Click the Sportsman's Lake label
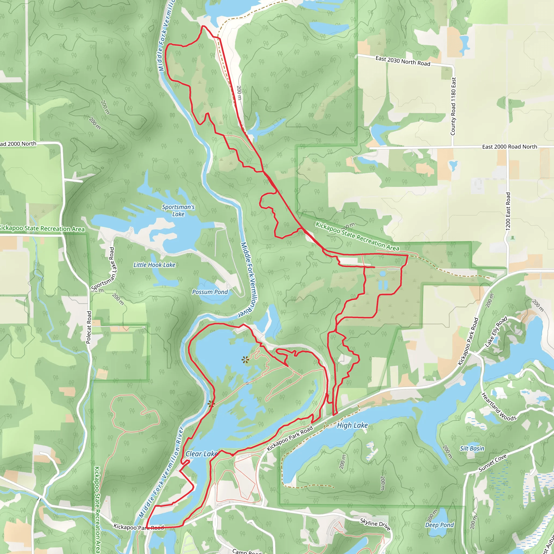pos(178,210)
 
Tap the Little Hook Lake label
pos(154,265)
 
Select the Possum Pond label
pos(210,292)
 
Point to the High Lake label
pos(352,425)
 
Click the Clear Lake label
pos(201,454)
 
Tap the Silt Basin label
pos(472,449)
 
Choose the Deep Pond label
pos(440,525)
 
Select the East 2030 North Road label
pos(403,61)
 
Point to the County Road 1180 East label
pos(453,106)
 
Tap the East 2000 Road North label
pos(510,147)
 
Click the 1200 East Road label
pos(508,211)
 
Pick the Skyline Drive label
pos(375,524)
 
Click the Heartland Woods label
pos(499,407)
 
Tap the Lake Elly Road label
pos(496,331)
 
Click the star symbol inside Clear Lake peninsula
pos(245,360)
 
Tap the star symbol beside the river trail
pos(211,404)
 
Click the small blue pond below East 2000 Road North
pos(453,166)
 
